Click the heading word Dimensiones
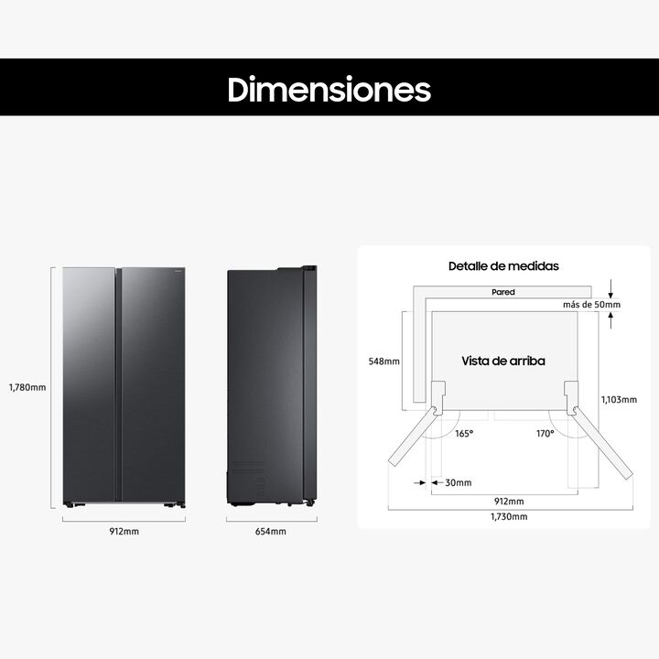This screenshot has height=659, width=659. [x=329, y=90]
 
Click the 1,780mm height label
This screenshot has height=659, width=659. [x=25, y=387]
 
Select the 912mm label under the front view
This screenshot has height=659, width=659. [x=124, y=531]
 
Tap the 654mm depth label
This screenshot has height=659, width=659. [x=271, y=531]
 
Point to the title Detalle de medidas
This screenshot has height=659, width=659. [x=502, y=266]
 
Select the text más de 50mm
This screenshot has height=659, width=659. [x=592, y=304]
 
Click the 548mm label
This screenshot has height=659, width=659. [x=384, y=362]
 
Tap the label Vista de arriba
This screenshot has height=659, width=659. [x=502, y=361]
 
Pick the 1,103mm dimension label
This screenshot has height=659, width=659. [x=619, y=400]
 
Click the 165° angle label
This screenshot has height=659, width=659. [x=464, y=433]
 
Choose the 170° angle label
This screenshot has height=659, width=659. [x=546, y=433]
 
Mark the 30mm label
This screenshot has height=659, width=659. [x=458, y=482]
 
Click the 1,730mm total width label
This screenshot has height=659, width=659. [x=508, y=517]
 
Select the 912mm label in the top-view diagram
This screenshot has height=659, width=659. [x=508, y=502]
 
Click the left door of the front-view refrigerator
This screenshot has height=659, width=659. [x=89, y=384]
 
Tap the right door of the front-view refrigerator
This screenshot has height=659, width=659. [x=152, y=384]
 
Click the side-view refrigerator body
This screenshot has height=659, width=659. [x=265, y=384]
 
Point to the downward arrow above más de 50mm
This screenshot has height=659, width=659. [x=610, y=286]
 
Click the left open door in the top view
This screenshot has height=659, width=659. [x=412, y=444]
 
